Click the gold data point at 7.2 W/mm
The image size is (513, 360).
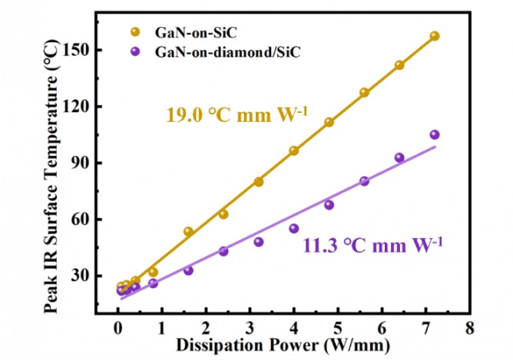click(x=435, y=36)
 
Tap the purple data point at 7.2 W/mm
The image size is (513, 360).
click(x=435, y=134)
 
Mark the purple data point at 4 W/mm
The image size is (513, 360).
click(x=293, y=228)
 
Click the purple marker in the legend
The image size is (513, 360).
click(x=136, y=52)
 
